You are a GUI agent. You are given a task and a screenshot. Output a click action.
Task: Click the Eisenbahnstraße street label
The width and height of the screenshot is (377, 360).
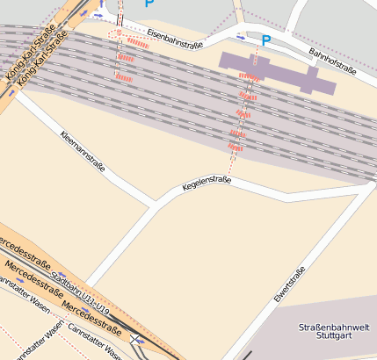coord(175,38)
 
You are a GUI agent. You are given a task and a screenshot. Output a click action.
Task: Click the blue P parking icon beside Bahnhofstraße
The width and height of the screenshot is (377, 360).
coord(266,40)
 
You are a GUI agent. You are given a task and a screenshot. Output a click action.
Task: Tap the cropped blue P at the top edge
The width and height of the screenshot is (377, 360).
coord(149,4)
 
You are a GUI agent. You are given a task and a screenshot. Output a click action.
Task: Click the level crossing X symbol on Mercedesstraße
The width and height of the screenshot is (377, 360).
coord(134,339)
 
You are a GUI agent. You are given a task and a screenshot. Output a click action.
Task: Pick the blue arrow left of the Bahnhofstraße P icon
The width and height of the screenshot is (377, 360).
coord(243,36)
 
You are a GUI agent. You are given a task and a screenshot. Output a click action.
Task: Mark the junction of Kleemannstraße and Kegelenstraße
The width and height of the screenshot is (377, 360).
coord(156,205)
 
